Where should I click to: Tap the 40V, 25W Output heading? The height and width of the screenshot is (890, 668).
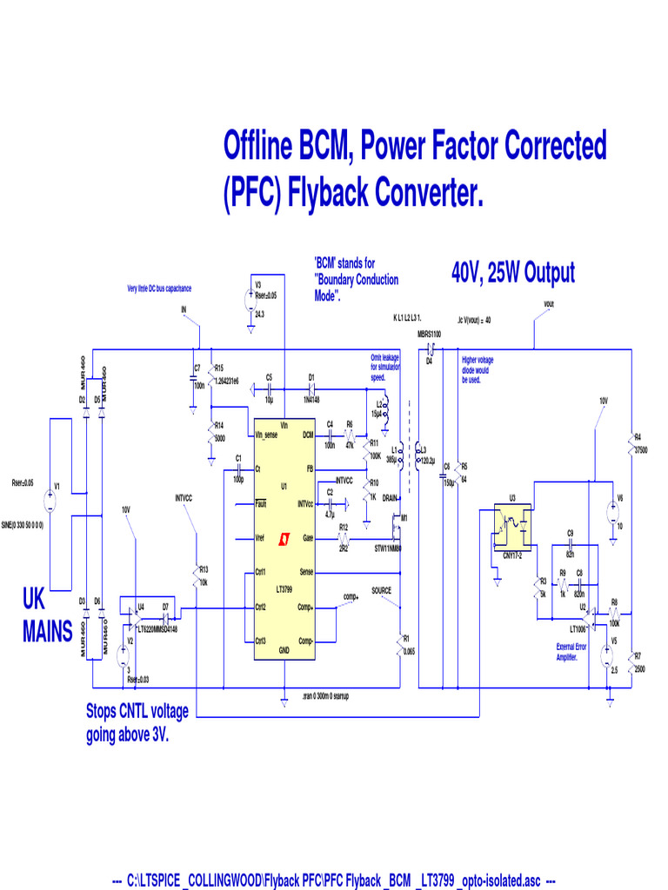512,273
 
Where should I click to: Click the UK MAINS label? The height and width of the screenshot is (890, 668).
47,615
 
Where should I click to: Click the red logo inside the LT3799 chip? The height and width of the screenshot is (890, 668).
284,540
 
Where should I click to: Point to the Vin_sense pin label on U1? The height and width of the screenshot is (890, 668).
266,435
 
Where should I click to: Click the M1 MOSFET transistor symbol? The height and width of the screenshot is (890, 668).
397,524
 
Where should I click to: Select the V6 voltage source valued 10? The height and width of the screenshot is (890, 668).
608,512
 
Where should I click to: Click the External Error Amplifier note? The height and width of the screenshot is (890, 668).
571,652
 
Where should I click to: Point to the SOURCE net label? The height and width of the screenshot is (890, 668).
382,590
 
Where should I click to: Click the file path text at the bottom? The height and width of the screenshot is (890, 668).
334,880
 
